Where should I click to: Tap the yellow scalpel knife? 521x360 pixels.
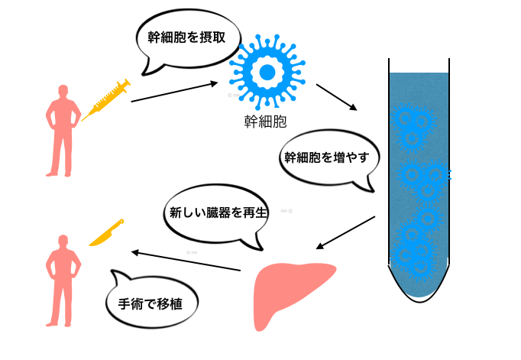[107, 233]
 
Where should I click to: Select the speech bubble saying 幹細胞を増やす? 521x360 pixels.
[326, 160]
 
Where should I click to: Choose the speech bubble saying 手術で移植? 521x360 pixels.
[153, 303]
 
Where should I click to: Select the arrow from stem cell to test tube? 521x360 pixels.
[336, 97]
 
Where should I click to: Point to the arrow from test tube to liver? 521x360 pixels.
[346, 232]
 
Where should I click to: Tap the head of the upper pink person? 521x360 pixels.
[63, 92]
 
